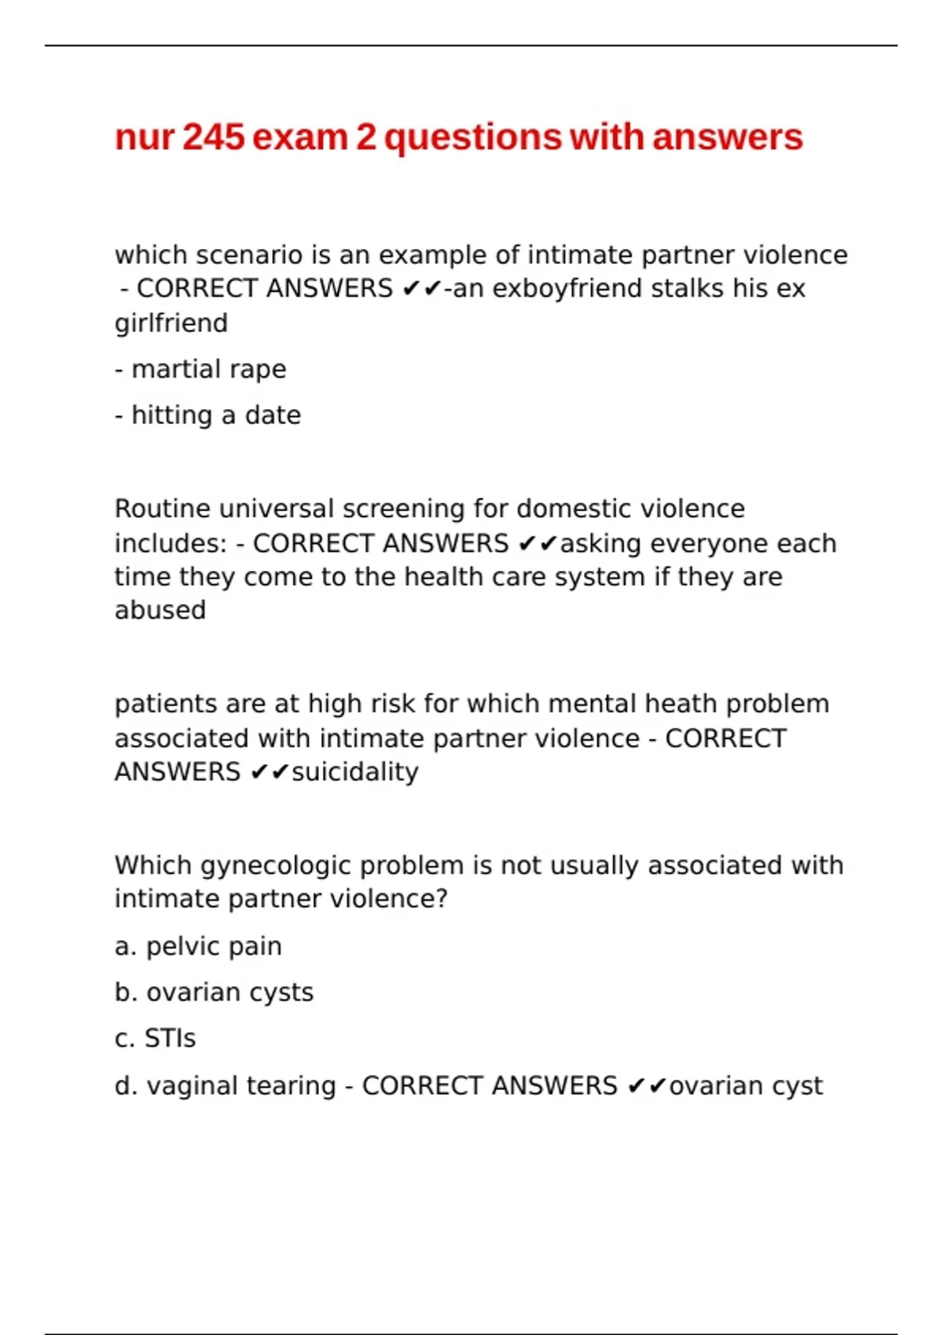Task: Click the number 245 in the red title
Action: tap(214, 137)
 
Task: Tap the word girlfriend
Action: tap(171, 323)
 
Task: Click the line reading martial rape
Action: tap(200, 369)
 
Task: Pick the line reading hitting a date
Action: tap(208, 415)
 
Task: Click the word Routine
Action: tap(163, 509)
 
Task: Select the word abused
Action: tap(160, 610)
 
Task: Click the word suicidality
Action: tap(355, 772)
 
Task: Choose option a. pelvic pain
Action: tap(198, 946)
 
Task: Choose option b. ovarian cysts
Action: tap(214, 993)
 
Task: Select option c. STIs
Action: tap(155, 1038)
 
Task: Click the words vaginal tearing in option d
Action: tap(241, 1085)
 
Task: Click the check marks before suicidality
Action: tap(270, 773)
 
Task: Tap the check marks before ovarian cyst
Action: tap(647, 1086)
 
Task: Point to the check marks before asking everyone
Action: tap(538, 543)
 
